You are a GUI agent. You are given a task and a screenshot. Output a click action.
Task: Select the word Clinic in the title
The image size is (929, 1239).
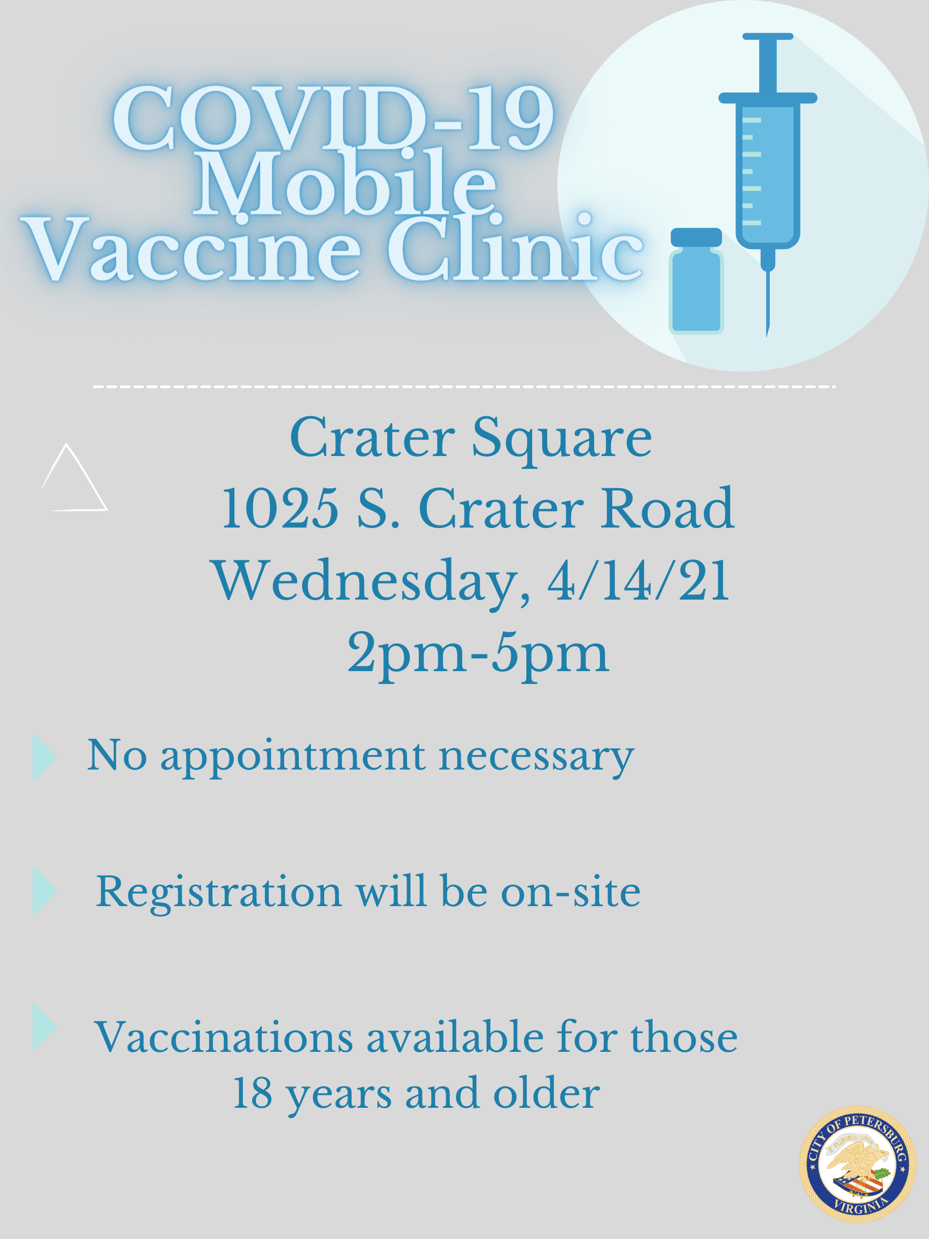point(515,250)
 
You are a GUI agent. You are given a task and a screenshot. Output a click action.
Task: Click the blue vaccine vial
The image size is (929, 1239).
point(696,283)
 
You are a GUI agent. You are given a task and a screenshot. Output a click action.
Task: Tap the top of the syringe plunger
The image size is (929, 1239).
point(768,37)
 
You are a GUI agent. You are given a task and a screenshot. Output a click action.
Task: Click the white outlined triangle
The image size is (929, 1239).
point(73,482)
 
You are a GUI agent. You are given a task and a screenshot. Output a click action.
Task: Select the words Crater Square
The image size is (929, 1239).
point(470,439)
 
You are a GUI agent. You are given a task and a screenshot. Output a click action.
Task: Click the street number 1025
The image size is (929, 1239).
point(280,509)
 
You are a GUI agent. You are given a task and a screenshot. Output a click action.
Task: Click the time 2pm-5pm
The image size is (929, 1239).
point(477,653)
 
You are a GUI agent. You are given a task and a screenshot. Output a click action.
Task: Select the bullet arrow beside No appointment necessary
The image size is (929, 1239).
point(44,757)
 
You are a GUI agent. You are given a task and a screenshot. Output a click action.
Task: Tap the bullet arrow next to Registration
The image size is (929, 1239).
point(44,891)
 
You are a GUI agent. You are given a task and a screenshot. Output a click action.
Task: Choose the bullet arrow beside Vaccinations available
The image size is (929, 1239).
point(44,1026)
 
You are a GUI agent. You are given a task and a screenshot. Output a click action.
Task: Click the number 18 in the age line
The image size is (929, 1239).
point(252,1093)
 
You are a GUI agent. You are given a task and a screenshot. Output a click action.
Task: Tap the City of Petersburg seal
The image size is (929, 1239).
point(857,1164)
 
